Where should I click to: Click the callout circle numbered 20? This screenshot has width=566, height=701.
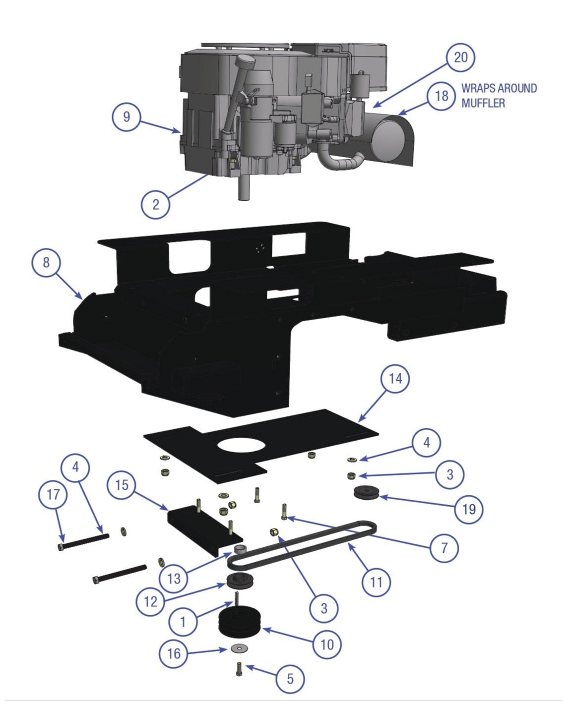(460, 58)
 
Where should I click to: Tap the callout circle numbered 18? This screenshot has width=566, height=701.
(441, 96)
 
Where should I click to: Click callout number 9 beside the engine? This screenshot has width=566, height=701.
(126, 117)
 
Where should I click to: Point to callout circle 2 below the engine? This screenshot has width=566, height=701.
(155, 204)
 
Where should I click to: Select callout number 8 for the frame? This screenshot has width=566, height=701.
(46, 262)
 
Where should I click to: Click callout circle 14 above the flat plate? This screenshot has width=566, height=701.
(395, 379)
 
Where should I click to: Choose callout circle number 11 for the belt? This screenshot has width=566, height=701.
(376, 582)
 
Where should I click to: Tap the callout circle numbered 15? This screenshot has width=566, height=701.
(122, 485)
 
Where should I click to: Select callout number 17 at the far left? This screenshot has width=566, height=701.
(53, 494)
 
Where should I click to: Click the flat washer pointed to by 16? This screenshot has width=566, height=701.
(240, 648)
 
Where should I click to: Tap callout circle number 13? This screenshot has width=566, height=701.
(174, 578)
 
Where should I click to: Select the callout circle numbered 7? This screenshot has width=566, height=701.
(443, 548)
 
